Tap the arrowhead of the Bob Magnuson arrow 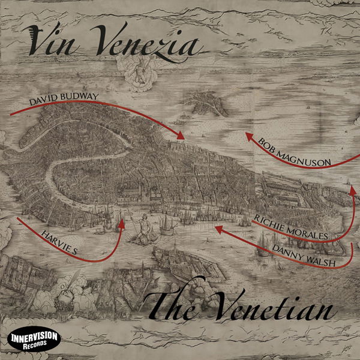click(247, 137)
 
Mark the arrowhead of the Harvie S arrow click(122, 223)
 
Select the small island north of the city click(207, 106)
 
